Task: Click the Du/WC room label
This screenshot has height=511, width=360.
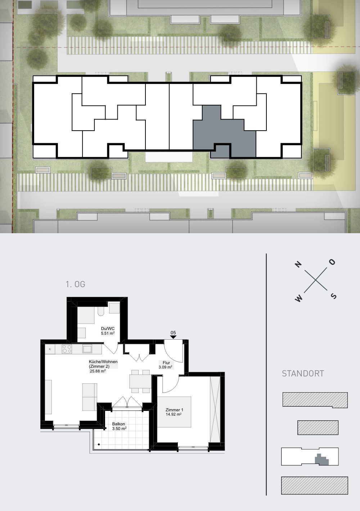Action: [x=108, y=329]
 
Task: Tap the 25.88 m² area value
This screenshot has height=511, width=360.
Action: [x=98, y=371]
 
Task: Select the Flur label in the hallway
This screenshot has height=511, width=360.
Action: [x=166, y=363]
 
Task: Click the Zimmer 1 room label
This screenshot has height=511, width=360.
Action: [x=174, y=410]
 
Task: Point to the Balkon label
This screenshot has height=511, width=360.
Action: [x=118, y=424]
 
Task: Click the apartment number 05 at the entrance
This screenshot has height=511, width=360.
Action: [x=173, y=333]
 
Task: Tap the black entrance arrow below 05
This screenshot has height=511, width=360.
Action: [x=173, y=337]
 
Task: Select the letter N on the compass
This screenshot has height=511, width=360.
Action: [x=298, y=264]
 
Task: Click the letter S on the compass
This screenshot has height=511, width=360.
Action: [x=333, y=296]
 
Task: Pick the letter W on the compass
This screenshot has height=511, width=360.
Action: [x=298, y=298]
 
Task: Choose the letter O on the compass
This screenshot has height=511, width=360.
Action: [x=332, y=262]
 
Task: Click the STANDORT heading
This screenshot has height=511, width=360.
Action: [x=303, y=374]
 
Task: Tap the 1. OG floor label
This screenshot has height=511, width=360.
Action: [x=75, y=284]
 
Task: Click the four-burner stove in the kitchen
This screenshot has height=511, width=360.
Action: [x=67, y=349]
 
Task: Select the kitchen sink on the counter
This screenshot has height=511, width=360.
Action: [x=87, y=349]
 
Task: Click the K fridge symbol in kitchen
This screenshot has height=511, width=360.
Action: [x=50, y=349]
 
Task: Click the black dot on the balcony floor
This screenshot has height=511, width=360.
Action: [x=99, y=444]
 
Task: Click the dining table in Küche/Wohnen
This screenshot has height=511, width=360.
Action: [x=140, y=381]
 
